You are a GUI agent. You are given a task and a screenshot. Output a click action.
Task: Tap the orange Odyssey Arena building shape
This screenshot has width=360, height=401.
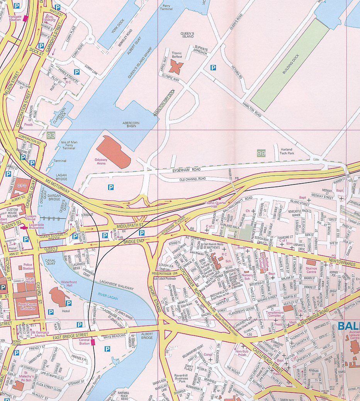[113, 152]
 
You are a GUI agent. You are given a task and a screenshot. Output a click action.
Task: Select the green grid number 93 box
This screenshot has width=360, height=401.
[51, 135]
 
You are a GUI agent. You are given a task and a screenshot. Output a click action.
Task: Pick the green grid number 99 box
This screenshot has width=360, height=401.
[262, 154]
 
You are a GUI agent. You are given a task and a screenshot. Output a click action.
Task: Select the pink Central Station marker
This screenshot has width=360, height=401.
[93, 342]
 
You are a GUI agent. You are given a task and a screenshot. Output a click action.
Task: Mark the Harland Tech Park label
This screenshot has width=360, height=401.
[286, 151]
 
